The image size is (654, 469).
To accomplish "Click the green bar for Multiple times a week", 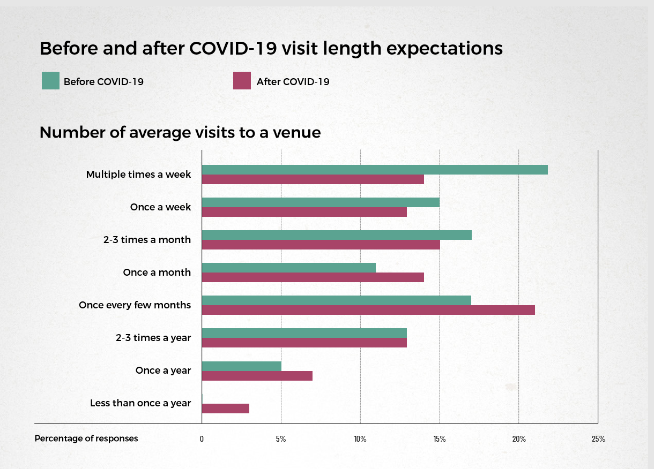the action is click(x=375, y=170).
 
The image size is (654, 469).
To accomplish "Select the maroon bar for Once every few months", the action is click(x=368, y=310).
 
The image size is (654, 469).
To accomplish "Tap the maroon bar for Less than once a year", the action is click(x=226, y=409).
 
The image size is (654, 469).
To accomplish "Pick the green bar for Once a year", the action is click(x=242, y=366).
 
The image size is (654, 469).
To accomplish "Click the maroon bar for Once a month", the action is click(x=313, y=277).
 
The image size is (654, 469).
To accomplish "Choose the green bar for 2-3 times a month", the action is click(x=337, y=235).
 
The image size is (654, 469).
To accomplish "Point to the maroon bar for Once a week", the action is click(x=304, y=212).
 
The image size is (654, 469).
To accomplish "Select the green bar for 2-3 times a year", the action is click(x=304, y=333).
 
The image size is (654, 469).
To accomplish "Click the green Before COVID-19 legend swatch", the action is click(x=50, y=80).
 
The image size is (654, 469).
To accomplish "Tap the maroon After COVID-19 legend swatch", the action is click(x=242, y=80).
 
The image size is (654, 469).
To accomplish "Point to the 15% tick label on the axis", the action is click(x=440, y=439).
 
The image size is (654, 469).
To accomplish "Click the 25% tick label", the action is click(x=598, y=439).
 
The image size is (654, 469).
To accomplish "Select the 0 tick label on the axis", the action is click(x=202, y=439).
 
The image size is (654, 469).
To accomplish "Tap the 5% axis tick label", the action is click(x=281, y=439).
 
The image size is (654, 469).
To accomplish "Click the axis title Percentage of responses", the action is click(x=86, y=438).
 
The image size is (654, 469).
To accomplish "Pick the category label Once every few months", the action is click(x=135, y=305).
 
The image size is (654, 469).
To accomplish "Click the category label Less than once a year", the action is click(x=140, y=403).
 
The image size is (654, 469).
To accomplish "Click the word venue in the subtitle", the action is click(x=297, y=133).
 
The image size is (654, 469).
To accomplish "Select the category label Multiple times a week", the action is click(x=138, y=175).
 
